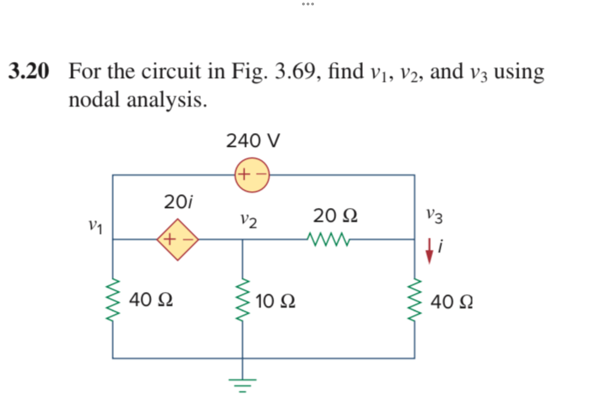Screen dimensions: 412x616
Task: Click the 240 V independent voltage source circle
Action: (x=252, y=175)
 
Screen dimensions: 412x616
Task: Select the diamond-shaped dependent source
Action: (x=178, y=240)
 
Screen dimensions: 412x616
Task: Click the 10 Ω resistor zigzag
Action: (x=243, y=300)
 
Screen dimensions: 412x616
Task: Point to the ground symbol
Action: (x=242, y=384)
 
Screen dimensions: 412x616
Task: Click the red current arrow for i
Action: (x=429, y=251)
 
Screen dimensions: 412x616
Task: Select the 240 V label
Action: (x=253, y=141)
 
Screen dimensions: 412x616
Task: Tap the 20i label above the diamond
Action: (x=178, y=202)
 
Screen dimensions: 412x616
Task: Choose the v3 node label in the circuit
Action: (x=434, y=216)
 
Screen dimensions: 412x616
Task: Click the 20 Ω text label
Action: (x=335, y=216)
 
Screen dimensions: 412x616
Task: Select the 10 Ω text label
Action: (x=275, y=301)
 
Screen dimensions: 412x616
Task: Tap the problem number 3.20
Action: (x=29, y=71)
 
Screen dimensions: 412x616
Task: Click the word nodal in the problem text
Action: (x=94, y=100)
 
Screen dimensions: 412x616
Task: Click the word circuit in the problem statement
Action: (x=171, y=71)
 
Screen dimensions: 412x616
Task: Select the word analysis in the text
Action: (x=167, y=100)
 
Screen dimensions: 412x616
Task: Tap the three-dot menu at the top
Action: (x=308, y=4)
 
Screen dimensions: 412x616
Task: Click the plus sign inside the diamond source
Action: (x=170, y=239)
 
